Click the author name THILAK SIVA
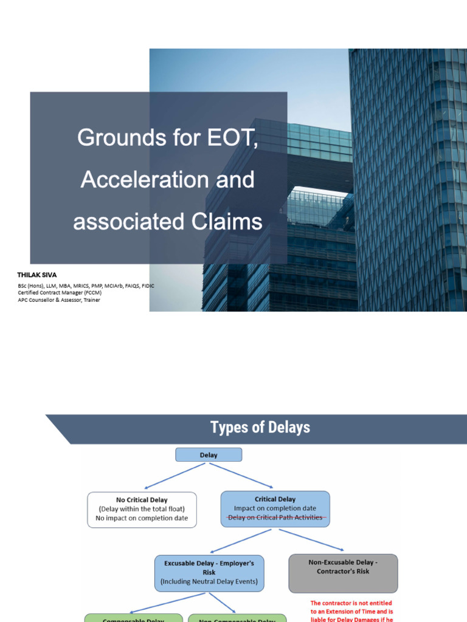click(37, 275)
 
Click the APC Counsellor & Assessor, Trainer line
click(59, 300)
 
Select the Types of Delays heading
click(260, 428)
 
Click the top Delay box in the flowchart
click(209, 454)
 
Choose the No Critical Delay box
click(142, 509)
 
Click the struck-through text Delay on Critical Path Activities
click(275, 518)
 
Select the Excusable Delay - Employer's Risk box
click(209, 572)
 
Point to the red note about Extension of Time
click(351, 611)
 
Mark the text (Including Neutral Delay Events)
click(209, 582)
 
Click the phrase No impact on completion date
click(142, 519)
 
